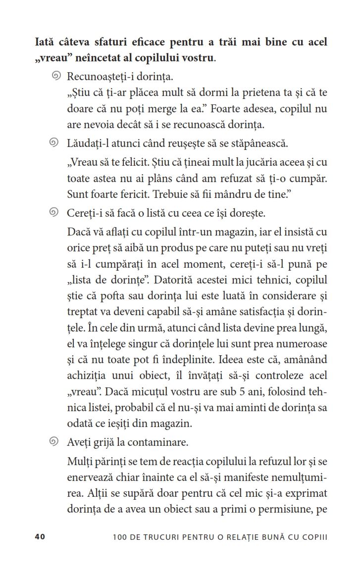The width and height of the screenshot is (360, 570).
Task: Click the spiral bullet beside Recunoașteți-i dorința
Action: click(56, 76)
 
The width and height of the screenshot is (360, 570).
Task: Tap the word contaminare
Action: click(160, 442)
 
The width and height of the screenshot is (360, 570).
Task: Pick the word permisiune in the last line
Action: click(285, 509)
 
